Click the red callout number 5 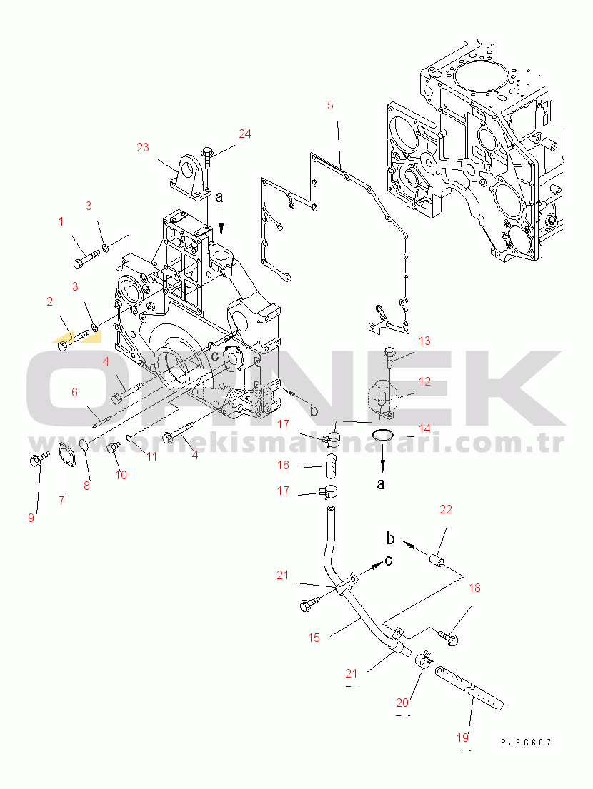330,106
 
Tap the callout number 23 143,147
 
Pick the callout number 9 31,518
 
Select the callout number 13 424,341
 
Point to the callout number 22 446,509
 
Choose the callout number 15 314,638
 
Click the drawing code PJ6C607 526,743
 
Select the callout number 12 424,382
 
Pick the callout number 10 121,475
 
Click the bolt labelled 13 389,354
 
